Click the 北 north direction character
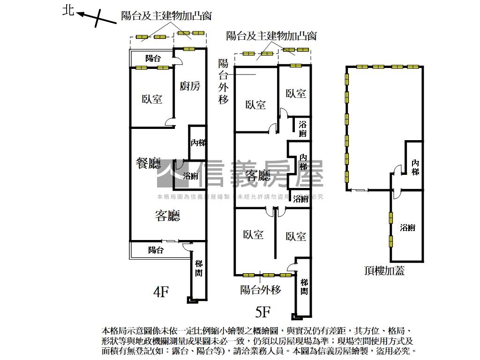(68, 10)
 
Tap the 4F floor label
(161, 292)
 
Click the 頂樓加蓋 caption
(384, 270)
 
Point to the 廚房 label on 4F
(190, 86)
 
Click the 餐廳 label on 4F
(148, 164)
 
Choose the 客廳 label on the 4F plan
(167, 216)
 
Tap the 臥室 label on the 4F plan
(152, 99)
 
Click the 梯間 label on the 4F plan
(199, 269)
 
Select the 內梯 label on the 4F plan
(198, 143)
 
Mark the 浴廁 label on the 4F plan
(190, 176)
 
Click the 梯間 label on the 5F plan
(304, 286)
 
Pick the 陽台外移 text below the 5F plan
(260, 290)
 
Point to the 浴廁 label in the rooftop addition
(407, 228)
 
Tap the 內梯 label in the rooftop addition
(415, 167)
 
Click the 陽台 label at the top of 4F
(153, 59)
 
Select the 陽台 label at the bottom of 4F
(156, 250)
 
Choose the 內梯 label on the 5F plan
(304, 162)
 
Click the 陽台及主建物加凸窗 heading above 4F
(166, 16)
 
